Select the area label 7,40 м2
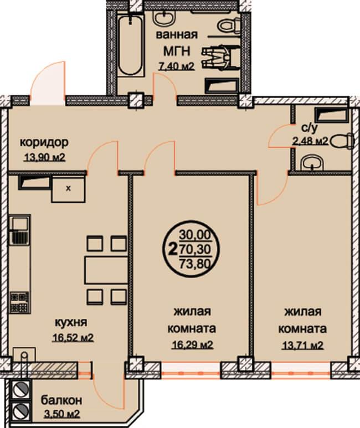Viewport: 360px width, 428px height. click(x=177, y=66)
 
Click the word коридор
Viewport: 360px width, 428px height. click(x=44, y=142)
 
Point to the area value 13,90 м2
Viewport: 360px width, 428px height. click(x=45, y=157)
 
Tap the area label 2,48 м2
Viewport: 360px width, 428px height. click(x=310, y=141)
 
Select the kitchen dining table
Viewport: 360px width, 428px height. click(x=106, y=270)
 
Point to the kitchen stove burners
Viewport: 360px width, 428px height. click(x=19, y=302)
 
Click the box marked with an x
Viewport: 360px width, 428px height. click(x=68, y=189)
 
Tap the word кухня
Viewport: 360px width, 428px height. click(x=71, y=323)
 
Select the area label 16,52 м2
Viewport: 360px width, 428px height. click(x=73, y=338)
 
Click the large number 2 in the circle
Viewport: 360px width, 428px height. click(x=172, y=249)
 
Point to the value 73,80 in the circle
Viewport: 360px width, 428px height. click(x=196, y=264)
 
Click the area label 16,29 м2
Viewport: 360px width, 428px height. click(x=192, y=345)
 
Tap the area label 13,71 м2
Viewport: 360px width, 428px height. click(x=302, y=346)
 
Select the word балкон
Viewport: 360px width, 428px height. click(x=61, y=401)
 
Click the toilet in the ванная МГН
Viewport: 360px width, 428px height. click(x=229, y=25)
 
